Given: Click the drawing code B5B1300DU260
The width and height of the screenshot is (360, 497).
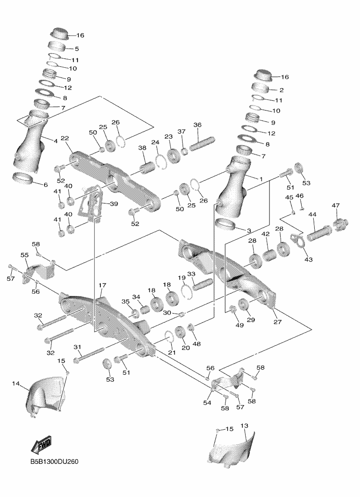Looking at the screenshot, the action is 54,461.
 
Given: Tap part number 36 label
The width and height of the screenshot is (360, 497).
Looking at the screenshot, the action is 198,125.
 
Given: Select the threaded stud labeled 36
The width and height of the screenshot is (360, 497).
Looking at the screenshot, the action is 202,143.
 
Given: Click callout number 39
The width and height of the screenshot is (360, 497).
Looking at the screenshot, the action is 113,203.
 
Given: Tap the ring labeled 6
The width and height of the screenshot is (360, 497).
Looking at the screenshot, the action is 23,178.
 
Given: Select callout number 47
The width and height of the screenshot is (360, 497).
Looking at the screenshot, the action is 336,205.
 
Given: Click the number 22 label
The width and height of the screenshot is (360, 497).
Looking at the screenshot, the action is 65,138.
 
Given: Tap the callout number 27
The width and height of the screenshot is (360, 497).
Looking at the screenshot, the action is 277,322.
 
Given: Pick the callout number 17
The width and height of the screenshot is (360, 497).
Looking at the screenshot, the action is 102,285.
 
